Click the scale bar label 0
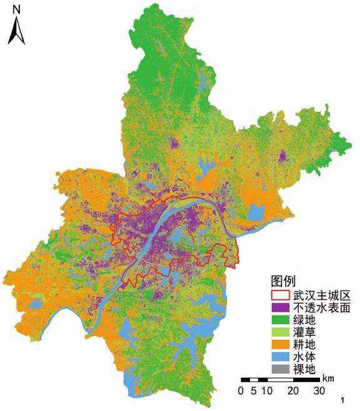[x=241, y=392]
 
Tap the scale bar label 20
[x=292, y=392]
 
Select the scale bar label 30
[x=319, y=392]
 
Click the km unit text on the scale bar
[x=329, y=379]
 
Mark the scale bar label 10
[x=266, y=392]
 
